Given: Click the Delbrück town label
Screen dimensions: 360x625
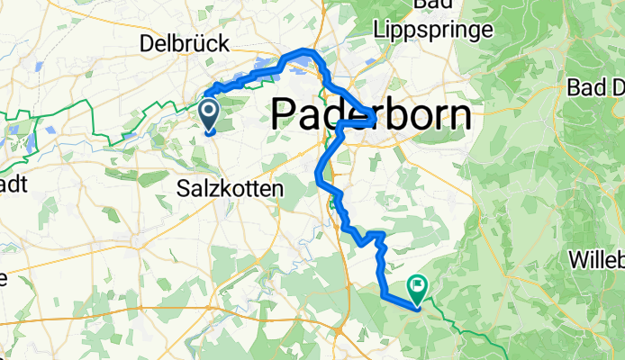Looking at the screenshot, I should (185, 43).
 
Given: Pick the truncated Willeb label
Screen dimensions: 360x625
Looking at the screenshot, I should (596, 259).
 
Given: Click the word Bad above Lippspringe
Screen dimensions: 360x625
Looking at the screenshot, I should (434, 6).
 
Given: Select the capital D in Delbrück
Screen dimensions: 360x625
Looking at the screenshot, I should (148, 43).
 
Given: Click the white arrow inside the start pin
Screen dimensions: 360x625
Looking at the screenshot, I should (208, 112).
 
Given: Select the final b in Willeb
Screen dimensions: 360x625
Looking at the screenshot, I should (619, 259).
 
